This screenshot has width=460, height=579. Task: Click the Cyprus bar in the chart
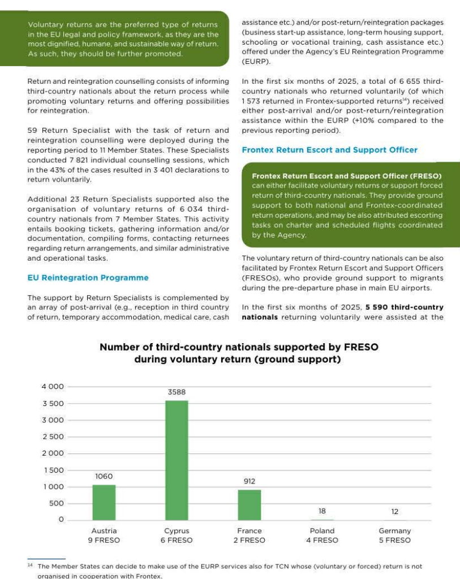coord(177,460)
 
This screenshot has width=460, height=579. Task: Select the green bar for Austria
coord(104,502)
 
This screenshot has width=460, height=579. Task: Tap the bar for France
coord(250,504)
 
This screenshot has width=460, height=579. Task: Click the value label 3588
coord(177,391)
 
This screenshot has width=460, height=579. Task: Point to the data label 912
coord(250,481)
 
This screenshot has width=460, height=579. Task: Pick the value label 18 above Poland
coord(322,511)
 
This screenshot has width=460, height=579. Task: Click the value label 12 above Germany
coord(395,512)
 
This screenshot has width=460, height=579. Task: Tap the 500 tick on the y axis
coord(57,504)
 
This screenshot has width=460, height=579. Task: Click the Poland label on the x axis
coord(322,531)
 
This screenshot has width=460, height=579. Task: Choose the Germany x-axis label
coord(395,531)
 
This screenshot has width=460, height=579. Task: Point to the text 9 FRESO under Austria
coord(104,541)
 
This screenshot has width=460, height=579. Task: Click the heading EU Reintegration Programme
coord(88,278)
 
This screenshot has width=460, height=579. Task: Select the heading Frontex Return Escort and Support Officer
coord(329,150)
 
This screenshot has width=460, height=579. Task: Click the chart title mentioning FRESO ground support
coord(239,353)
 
